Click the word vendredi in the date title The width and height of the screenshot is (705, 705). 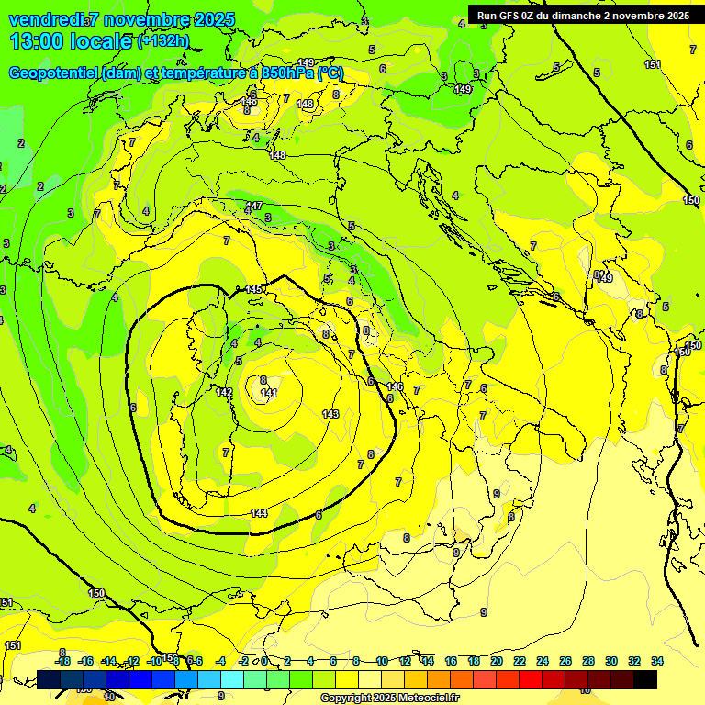point(46,20)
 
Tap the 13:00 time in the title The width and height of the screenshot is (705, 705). point(37,41)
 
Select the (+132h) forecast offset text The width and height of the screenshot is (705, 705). point(162,41)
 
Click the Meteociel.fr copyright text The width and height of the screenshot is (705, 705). point(389,699)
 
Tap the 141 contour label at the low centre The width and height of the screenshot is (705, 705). point(269,394)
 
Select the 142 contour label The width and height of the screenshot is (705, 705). point(224,392)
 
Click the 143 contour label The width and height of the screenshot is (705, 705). point(331,414)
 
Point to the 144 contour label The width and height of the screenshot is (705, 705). point(259,513)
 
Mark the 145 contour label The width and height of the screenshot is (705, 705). point(253,290)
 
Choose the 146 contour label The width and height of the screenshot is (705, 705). point(395,386)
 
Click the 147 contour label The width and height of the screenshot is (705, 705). point(254,206)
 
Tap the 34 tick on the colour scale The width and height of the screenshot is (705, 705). point(657,661)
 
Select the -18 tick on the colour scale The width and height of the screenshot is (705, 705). point(62,661)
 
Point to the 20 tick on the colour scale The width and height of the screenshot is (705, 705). point(497,661)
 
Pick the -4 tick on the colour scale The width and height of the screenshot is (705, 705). point(220,661)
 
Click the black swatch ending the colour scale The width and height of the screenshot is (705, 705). point(645,679)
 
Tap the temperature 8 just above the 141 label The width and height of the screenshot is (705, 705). point(263,380)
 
